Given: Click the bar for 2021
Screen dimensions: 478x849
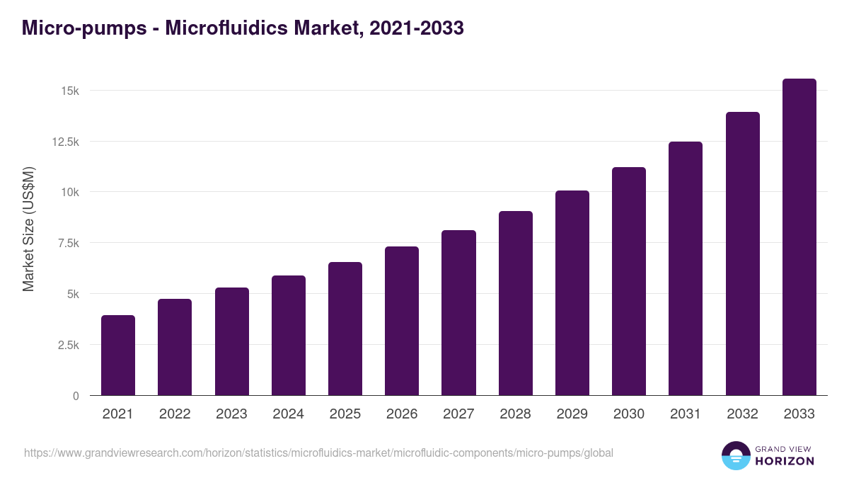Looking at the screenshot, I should coord(118,355).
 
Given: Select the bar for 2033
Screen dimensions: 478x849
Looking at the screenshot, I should coord(799,237).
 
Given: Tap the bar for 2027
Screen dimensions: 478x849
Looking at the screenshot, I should coord(458,313).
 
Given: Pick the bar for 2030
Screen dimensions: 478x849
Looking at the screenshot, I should coord(629,281).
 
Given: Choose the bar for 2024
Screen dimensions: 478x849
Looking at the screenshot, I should coord(289,336).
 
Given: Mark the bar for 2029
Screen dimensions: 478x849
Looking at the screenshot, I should coord(572,293).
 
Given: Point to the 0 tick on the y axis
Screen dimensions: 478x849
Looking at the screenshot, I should coord(75,396).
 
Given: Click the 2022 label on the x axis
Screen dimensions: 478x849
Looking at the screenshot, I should coord(175,414).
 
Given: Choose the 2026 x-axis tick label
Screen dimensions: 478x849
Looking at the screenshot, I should coord(402,414).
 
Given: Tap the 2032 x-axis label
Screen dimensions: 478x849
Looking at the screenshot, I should coord(742,414).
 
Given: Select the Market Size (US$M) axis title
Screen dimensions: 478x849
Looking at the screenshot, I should coord(28,229).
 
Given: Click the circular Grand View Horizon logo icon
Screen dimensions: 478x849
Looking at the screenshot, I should coord(735,455).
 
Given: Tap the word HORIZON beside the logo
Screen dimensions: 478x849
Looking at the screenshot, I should coord(785,461).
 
